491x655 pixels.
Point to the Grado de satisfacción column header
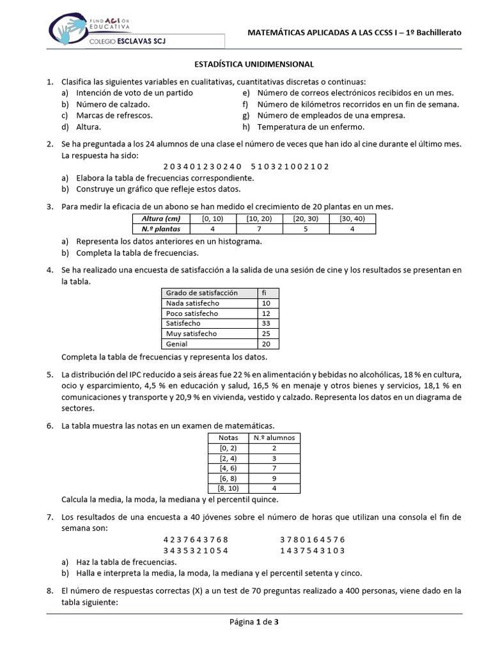click(201, 293)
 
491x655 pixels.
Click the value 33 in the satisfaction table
click(267, 324)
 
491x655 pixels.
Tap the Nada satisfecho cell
click(192, 303)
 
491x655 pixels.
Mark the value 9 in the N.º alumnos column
click(274, 478)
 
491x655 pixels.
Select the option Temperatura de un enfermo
click(311, 127)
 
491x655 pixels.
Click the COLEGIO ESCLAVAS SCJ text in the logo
click(137, 42)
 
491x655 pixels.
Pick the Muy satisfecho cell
click(191, 334)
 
